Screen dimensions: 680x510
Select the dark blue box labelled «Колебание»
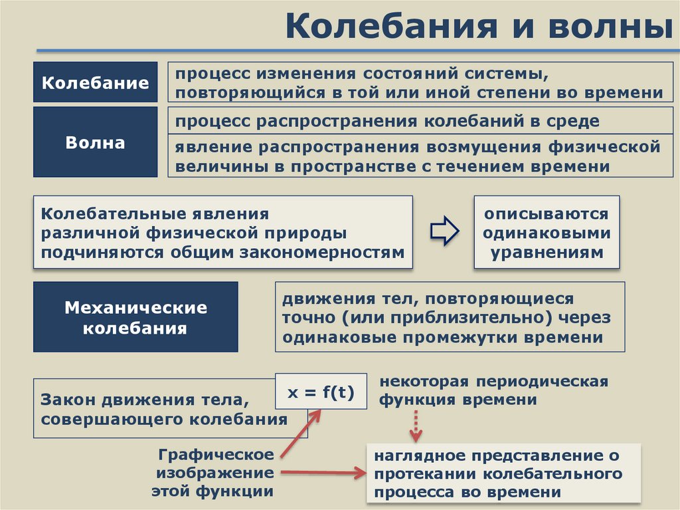[96, 82]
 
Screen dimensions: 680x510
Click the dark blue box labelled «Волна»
[96, 142]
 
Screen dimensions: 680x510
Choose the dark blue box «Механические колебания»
[135, 317]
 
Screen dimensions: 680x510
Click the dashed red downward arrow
[416, 426]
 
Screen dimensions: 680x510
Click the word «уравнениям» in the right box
[547, 253]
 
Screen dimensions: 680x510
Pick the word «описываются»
[546, 214]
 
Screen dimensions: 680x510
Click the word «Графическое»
[216, 455]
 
